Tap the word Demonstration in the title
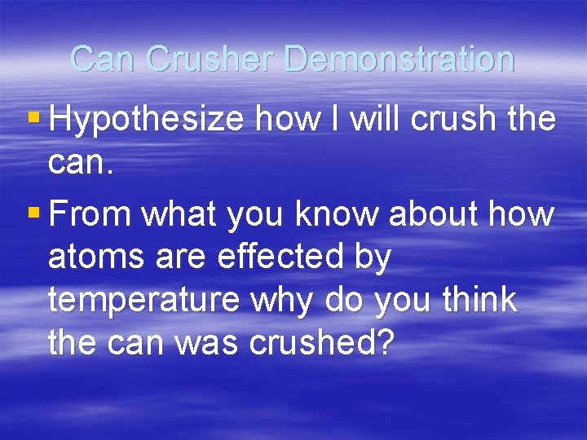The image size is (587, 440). point(400,59)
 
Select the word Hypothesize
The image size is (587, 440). point(147,121)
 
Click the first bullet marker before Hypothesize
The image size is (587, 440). point(33,119)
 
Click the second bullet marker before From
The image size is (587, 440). point(33,213)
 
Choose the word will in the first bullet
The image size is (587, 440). point(376,119)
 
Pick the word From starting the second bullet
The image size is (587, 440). point(90,214)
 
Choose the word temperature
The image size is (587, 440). point(143,301)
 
